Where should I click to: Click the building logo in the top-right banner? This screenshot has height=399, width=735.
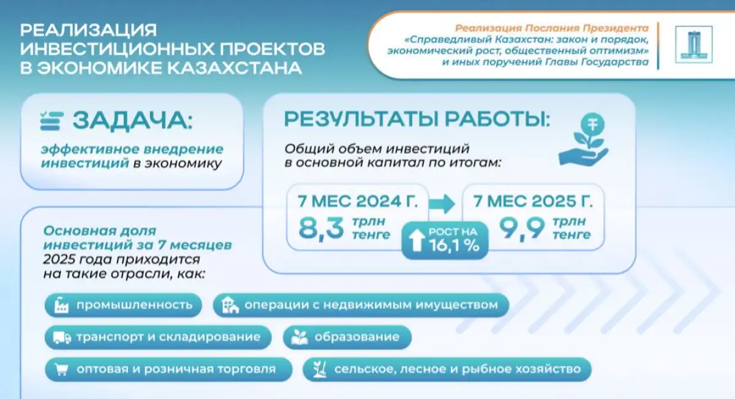tap(693, 45)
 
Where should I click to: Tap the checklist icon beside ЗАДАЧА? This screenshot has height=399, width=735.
tap(51, 121)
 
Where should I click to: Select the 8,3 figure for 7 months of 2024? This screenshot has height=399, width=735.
tap(321, 227)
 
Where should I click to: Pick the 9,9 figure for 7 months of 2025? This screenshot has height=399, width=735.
tap(522, 228)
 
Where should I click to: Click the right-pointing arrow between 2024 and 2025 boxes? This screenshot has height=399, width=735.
tap(442, 204)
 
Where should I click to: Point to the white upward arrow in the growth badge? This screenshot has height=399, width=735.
tap(417, 240)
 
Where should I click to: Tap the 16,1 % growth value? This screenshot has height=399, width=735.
tap(454, 245)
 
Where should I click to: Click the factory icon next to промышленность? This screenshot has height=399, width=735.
tap(61, 305)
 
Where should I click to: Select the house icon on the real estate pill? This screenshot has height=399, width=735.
tap(230, 305)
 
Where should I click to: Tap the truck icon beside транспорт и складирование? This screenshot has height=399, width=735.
tap(62, 338)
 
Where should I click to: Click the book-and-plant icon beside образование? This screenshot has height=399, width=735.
tap(300, 337)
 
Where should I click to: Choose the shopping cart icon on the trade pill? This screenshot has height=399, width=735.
tap(61, 370)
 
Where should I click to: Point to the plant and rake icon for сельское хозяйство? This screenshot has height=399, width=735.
tap(320, 369)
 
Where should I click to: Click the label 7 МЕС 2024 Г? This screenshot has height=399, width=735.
tap(358, 201)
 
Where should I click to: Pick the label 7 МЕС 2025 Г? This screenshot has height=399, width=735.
tap(533, 201)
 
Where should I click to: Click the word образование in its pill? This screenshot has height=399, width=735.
tap(357, 337)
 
